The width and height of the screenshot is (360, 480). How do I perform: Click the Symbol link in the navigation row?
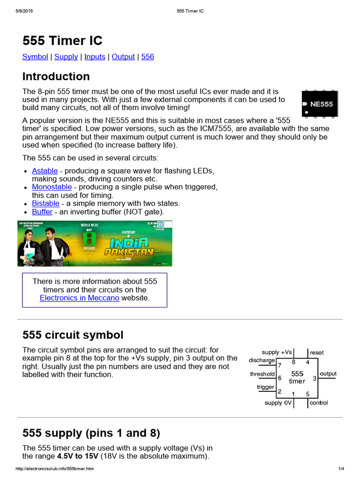[35, 57]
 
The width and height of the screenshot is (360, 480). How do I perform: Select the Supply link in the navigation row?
[66, 57]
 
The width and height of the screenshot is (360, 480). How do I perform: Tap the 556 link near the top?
[147, 57]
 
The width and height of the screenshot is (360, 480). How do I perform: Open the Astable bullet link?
[45, 171]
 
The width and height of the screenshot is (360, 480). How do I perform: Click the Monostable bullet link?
[52, 187]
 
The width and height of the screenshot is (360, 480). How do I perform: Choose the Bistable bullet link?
[45, 203]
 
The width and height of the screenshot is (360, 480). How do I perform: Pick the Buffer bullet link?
[42, 212]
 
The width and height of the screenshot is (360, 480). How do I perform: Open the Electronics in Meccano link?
[79, 298]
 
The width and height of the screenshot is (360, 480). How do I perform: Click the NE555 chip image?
[319, 104]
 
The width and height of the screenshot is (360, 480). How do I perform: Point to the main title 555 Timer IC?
[62, 41]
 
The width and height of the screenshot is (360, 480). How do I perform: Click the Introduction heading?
[56, 76]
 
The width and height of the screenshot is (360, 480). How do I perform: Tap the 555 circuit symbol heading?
[73, 335]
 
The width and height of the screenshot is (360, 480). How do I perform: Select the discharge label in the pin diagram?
[262, 360]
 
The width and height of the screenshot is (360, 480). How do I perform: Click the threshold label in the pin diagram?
[262, 374]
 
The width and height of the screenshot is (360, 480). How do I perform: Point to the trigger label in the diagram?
[265, 387]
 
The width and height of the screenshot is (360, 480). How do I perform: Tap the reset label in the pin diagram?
[316, 352]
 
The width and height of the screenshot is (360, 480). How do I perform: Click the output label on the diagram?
[328, 374]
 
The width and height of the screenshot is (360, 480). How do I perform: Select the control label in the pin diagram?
[319, 403]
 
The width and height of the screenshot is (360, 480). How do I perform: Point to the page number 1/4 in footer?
[341, 469]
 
